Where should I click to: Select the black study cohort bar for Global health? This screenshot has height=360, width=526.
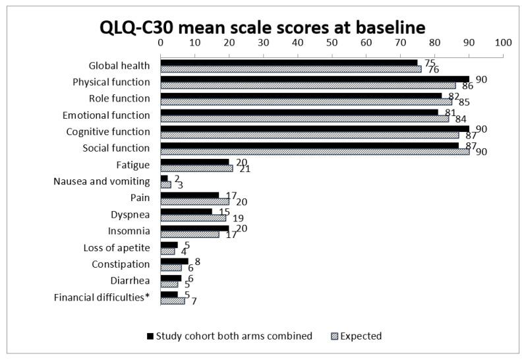coord(289,63)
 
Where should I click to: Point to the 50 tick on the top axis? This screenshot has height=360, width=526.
coord(332,41)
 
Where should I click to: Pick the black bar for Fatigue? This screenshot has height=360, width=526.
coord(194,162)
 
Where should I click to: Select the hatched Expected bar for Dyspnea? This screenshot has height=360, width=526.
coord(193,217)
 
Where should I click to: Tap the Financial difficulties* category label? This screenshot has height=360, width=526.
coord(102,297)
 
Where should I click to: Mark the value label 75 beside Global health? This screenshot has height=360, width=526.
coord(430,62)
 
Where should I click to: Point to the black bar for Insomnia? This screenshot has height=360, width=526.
coord(194,227)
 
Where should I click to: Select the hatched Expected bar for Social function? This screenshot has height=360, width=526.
coord(314,151)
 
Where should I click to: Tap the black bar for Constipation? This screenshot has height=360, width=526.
coord(174,261)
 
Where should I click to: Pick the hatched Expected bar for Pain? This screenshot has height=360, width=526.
coord(194,201)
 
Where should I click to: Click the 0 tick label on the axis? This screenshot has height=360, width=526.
coord(161,41)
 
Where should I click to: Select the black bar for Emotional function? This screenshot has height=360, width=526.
coord(299,112)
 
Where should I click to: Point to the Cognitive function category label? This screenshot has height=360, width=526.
coord(109,131)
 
